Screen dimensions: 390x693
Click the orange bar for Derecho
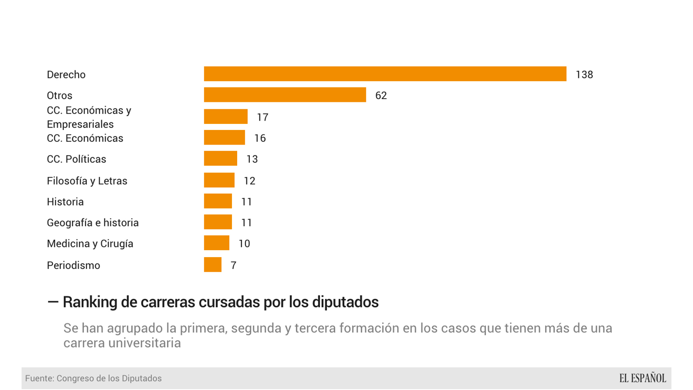(x=385, y=74)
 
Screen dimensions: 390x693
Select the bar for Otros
(x=285, y=95)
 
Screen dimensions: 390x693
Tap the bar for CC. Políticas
(x=220, y=158)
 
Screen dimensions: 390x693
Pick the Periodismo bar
(x=212, y=265)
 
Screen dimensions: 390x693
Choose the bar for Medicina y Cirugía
(x=217, y=243)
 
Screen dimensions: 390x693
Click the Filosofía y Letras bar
(x=219, y=180)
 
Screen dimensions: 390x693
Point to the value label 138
(x=584, y=75)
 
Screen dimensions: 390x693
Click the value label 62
(x=381, y=95)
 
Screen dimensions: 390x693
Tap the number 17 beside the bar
(x=262, y=117)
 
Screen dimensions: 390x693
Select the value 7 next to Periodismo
(x=233, y=265)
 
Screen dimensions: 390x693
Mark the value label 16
(x=260, y=139)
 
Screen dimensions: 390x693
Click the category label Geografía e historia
(x=93, y=223)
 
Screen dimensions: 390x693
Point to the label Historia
(x=65, y=202)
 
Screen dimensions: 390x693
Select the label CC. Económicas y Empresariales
(x=89, y=117)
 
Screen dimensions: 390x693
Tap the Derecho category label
(x=66, y=75)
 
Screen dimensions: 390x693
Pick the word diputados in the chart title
(x=345, y=302)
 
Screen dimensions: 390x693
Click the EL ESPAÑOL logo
(x=642, y=378)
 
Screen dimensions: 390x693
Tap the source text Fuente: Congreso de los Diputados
(x=93, y=379)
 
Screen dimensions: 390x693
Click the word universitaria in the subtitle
(x=147, y=343)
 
